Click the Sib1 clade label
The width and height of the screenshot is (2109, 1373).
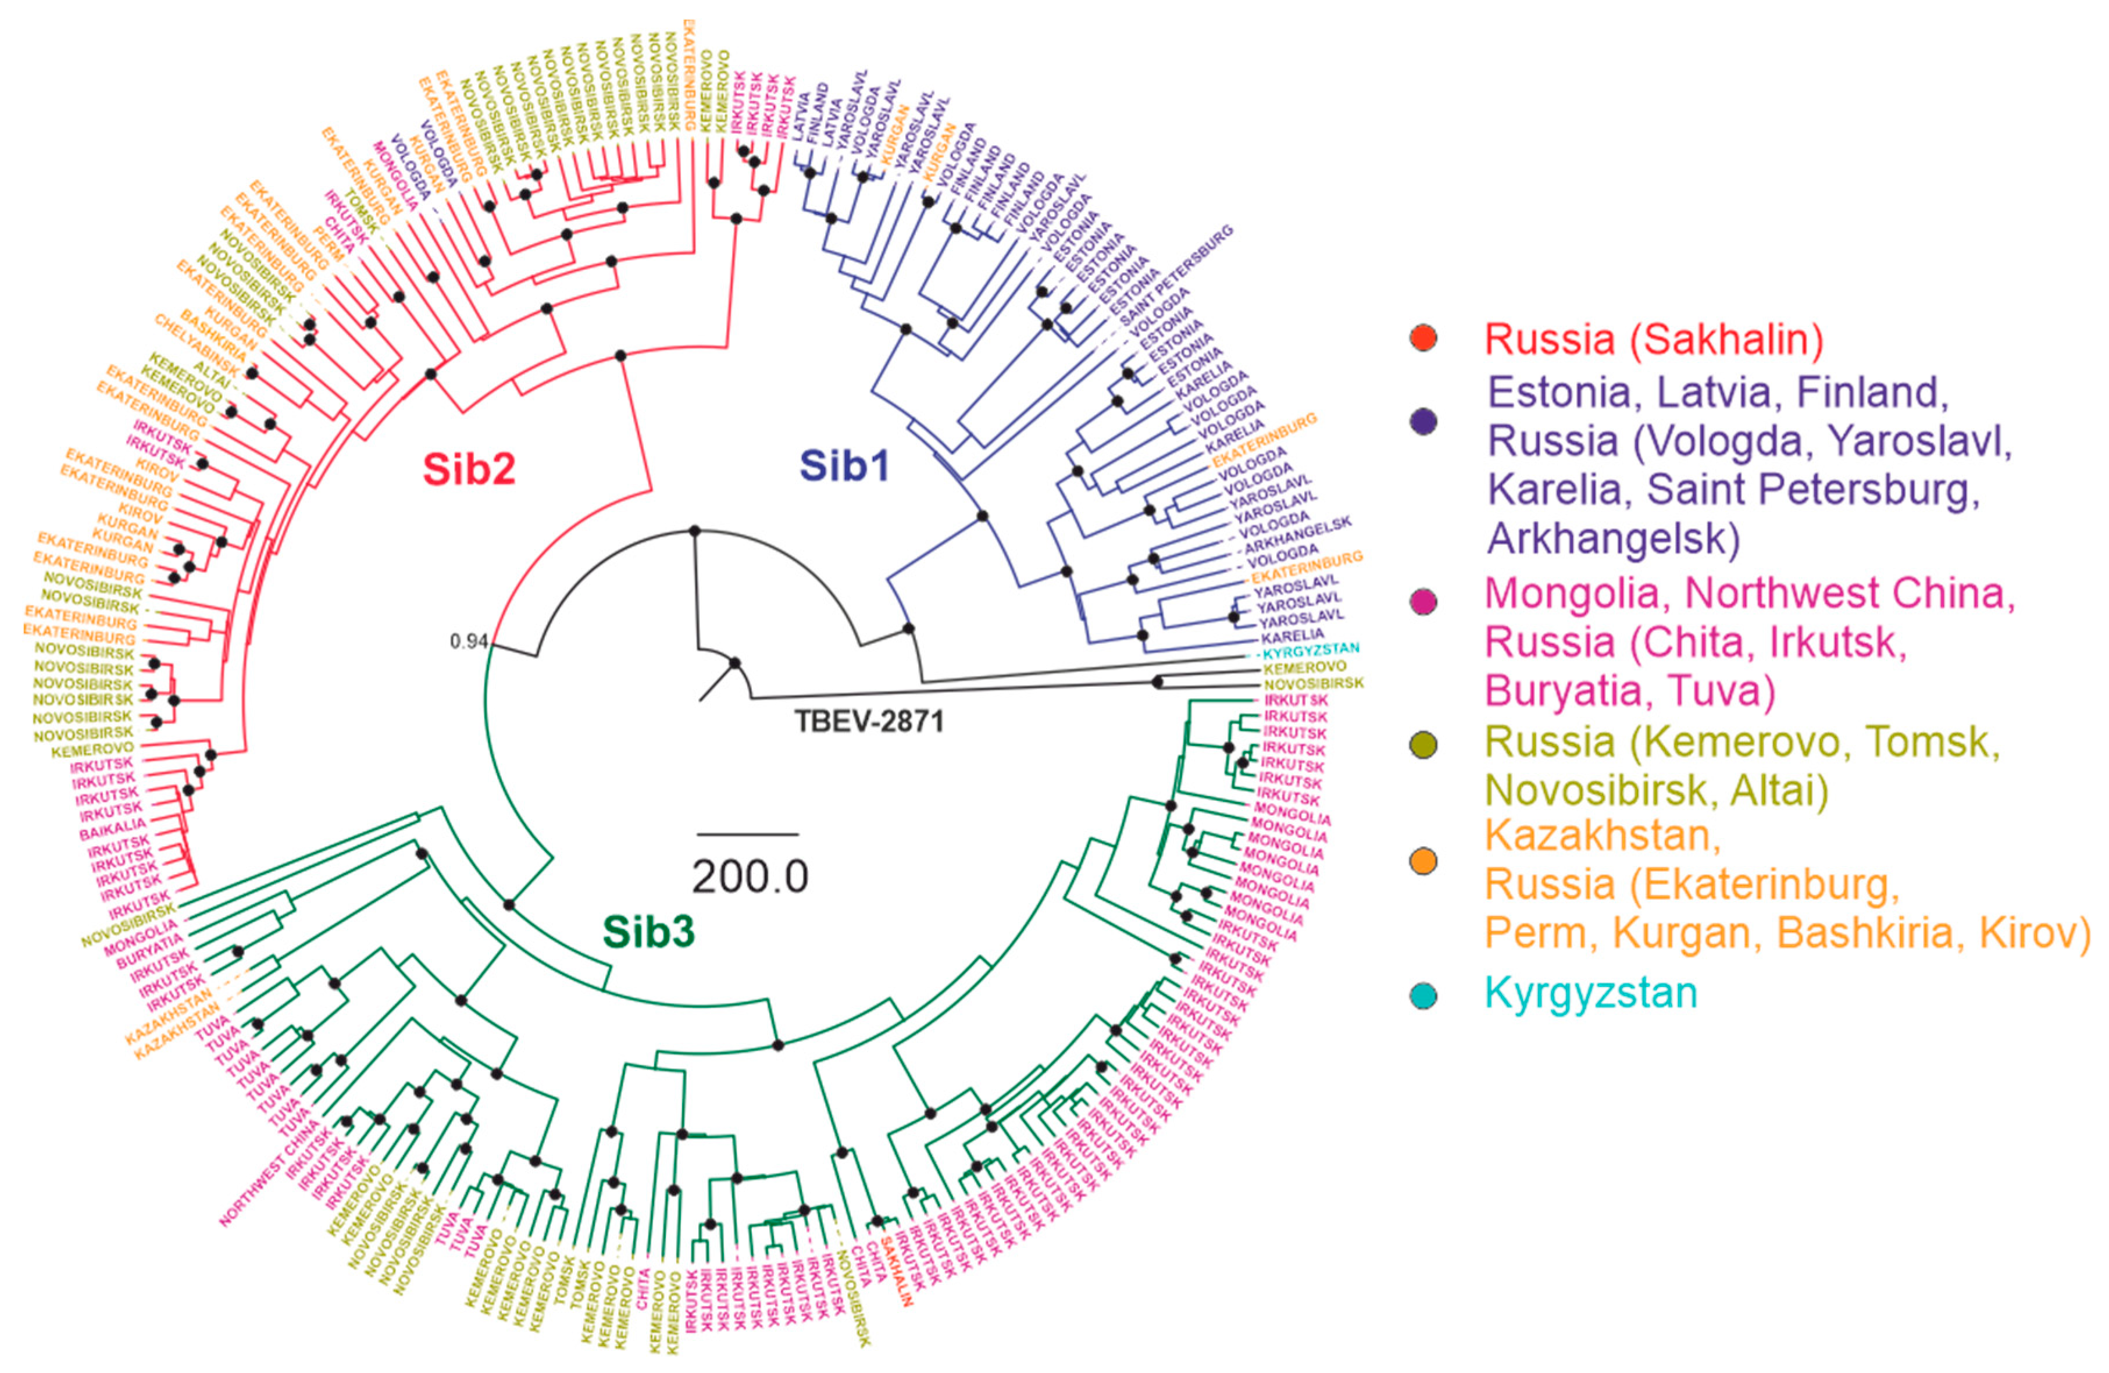point(844,465)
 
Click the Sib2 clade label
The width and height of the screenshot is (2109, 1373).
point(469,468)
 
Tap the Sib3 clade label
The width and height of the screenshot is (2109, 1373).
point(649,932)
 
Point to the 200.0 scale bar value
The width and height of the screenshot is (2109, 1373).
point(750,876)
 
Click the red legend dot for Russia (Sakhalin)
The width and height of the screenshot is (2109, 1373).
point(1423,338)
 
